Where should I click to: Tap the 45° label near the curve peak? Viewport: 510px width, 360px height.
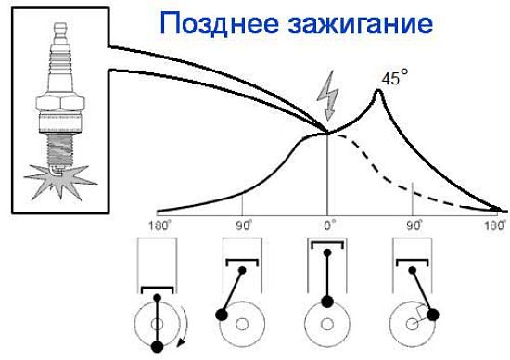click(x=395, y=80)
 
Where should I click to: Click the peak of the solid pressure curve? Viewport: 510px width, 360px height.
click(x=378, y=91)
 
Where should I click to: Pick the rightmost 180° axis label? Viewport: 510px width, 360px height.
click(x=497, y=225)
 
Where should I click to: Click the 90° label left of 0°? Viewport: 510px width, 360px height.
click(x=243, y=225)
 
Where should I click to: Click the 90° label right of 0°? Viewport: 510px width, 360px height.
click(x=414, y=225)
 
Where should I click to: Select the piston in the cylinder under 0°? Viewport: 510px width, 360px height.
click(x=327, y=245)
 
